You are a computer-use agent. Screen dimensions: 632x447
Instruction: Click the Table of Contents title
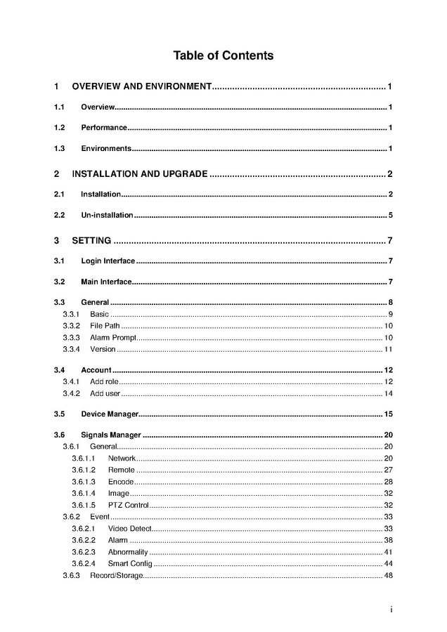(x=223, y=55)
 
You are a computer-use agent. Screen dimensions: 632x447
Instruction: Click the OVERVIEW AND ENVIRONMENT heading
(x=141, y=86)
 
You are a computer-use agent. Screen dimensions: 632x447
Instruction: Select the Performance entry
(x=104, y=128)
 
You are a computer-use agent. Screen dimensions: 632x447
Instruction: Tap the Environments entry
(x=106, y=149)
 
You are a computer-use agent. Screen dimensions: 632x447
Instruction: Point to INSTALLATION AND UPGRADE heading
(x=140, y=174)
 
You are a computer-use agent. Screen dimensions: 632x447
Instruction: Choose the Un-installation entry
(x=107, y=216)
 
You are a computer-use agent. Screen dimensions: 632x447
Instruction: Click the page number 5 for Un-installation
(x=390, y=216)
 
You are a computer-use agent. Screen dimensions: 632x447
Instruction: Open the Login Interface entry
(x=108, y=262)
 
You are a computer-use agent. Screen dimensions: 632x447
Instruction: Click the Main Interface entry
(x=106, y=282)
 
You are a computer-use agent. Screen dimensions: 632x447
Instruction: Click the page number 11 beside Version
(x=388, y=350)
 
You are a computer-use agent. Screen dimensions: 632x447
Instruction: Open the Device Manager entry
(x=110, y=414)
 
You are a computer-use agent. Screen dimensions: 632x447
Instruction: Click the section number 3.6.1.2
(x=83, y=470)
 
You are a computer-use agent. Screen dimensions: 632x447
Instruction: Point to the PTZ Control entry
(x=128, y=505)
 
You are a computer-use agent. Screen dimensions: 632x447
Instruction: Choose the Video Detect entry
(x=130, y=528)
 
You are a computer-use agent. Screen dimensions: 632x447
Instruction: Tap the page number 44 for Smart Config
(x=388, y=564)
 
